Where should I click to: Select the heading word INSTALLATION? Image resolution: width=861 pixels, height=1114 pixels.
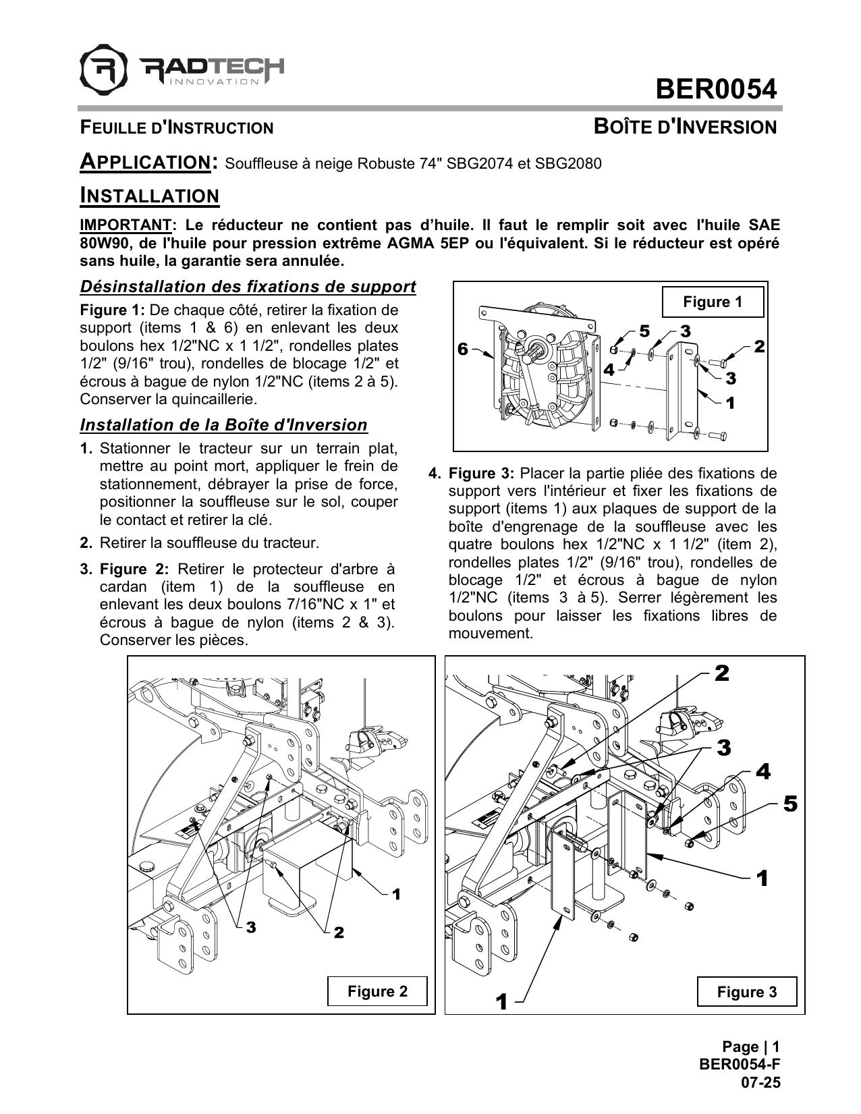[x=149, y=196]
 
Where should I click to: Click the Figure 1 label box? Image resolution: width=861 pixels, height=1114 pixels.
[x=713, y=302]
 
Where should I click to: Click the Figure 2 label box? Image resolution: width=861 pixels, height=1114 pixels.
[x=377, y=991]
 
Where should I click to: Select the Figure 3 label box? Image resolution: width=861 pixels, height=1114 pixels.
[x=746, y=992]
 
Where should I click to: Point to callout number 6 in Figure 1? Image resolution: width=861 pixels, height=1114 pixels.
[x=462, y=349]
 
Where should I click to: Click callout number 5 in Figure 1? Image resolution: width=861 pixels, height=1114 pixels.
[x=644, y=331]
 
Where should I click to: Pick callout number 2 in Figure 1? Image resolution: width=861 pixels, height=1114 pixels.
[x=760, y=347]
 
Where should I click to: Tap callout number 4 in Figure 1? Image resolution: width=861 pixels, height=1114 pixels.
[x=609, y=369]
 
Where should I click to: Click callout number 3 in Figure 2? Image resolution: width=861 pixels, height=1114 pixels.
[x=250, y=928]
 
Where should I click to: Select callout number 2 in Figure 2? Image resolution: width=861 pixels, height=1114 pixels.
[x=339, y=932]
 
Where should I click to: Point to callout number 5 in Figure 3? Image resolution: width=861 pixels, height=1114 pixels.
[x=790, y=804]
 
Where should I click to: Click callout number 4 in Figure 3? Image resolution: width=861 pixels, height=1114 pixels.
[x=762, y=771]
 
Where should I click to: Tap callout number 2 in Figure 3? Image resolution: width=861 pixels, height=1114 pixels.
[x=721, y=673]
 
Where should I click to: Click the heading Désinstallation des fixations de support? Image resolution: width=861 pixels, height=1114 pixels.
[x=248, y=287]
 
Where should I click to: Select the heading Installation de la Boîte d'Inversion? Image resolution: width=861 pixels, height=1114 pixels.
[x=223, y=425]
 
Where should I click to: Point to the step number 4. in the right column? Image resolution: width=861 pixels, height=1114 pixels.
[x=435, y=473]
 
